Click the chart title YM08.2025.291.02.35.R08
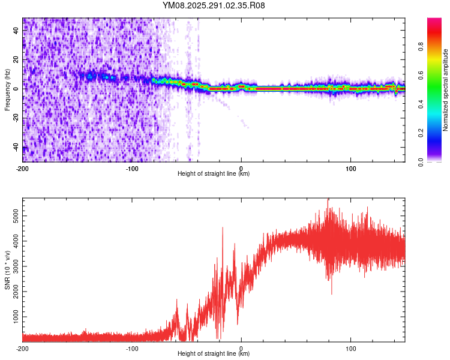pyautogui.click(x=214, y=6)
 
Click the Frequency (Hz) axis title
pyautogui.click(x=7, y=89)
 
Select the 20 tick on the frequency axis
pyautogui.click(x=16, y=59)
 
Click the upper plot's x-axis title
pyautogui.click(x=214, y=174)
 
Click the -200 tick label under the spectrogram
pyautogui.click(x=22, y=168)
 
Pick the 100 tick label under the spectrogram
pyautogui.click(x=350, y=168)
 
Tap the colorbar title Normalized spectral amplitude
pyautogui.click(x=445, y=90)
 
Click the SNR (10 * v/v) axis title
pyautogui.click(x=7, y=269)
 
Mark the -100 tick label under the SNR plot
pyautogui.click(x=132, y=348)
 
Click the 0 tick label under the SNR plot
pyautogui.click(x=241, y=348)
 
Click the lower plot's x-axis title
pyautogui.click(x=214, y=354)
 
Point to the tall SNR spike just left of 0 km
pyautogui.click(x=223, y=228)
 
